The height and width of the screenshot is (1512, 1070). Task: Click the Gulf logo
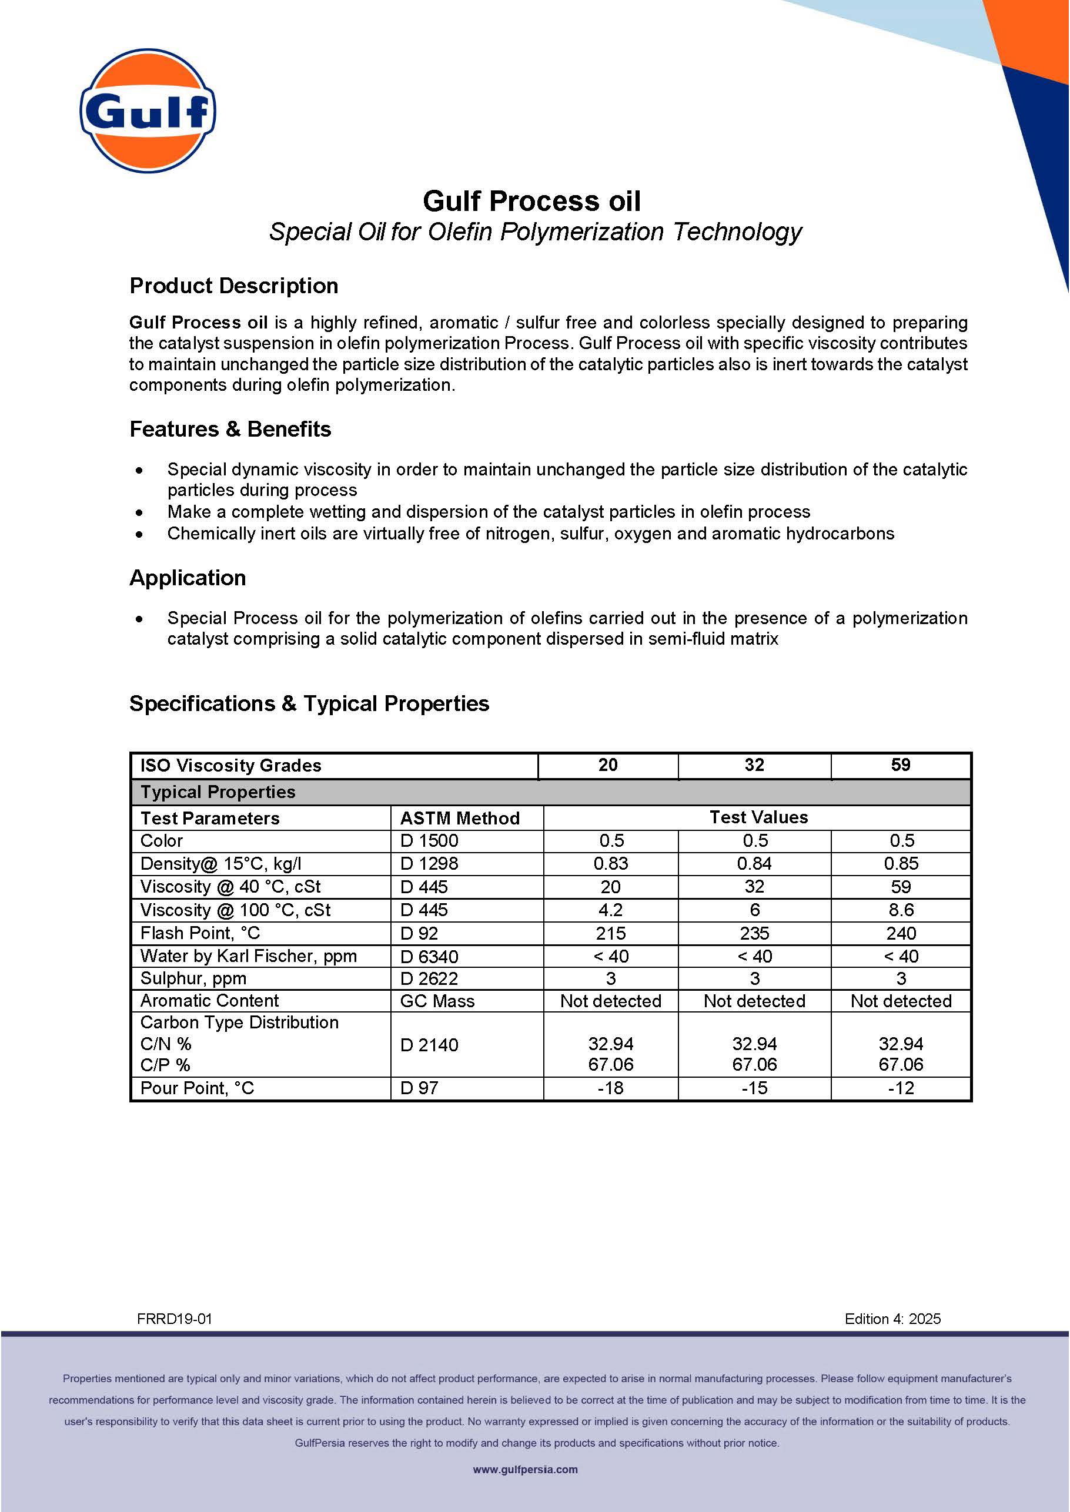tap(148, 110)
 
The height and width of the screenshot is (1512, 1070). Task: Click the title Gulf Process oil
tap(531, 201)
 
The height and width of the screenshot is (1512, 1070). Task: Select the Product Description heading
tap(234, 286)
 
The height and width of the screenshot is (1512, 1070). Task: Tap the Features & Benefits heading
tap(230, 430)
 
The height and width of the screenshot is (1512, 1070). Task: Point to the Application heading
tap(188, 578)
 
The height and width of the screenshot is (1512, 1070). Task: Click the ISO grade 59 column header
tap(900, 765)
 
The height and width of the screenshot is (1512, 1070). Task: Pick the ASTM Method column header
tap(460, 818)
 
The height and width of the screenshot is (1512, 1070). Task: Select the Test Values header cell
tap(758, 817)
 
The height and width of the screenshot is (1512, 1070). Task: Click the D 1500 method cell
tap(429, 841)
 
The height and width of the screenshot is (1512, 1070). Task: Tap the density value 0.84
tap(754, 863)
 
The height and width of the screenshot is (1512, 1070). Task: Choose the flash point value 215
tap(610, 933)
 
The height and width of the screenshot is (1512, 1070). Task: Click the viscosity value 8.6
tap(901, 910)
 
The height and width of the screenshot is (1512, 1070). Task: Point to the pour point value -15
tap(754, 1088)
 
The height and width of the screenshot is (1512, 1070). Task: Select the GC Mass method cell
tap(437, 1001)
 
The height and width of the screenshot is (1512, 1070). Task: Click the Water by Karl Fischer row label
tap(248, 956)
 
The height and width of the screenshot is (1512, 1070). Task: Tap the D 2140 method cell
tap(429, 1044)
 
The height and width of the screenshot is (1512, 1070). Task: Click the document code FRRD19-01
tap(175, 1319)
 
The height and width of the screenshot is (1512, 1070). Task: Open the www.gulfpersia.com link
tap(525, 1469)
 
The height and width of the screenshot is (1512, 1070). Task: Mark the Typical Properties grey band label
tap(218, 792)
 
